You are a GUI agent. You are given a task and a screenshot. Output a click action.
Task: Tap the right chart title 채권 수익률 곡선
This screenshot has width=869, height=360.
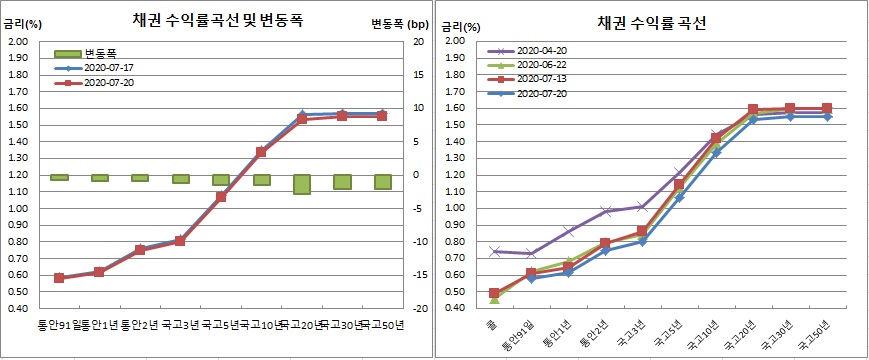652,22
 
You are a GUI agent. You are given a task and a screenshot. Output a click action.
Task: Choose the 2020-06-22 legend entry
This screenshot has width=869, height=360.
539,65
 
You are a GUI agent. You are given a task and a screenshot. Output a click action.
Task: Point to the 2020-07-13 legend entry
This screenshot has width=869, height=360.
539,79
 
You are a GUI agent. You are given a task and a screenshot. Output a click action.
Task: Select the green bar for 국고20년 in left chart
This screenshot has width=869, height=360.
301,184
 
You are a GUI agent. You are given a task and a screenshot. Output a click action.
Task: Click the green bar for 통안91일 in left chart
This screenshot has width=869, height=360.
59,177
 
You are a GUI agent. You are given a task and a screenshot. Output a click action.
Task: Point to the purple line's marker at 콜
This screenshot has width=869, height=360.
494,251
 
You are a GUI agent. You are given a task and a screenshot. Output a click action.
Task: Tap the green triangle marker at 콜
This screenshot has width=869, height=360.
494,298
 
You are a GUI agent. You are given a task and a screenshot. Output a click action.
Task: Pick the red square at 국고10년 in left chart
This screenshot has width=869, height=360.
261,152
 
